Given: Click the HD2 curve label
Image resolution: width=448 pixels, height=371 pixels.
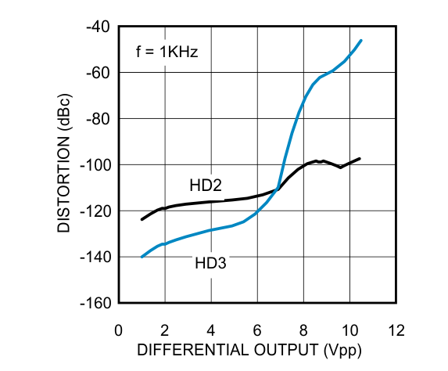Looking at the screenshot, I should [x=206, y=185].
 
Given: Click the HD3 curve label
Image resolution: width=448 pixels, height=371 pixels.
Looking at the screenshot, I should [x=210, y=264].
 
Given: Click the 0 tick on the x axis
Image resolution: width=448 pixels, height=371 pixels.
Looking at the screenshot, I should [x=119, y=329].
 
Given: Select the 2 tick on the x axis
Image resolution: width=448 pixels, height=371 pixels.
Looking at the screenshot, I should [x=165, y=329].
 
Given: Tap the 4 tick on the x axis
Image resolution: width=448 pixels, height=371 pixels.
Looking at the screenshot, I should [x=211, y=329].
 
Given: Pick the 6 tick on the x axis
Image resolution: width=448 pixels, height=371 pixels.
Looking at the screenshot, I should [x=257, y=329].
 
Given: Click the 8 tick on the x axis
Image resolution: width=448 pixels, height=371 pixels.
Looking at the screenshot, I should [x=304, y=329].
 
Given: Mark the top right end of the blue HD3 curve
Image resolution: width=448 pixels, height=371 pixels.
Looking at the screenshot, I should [x=361, y=40].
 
